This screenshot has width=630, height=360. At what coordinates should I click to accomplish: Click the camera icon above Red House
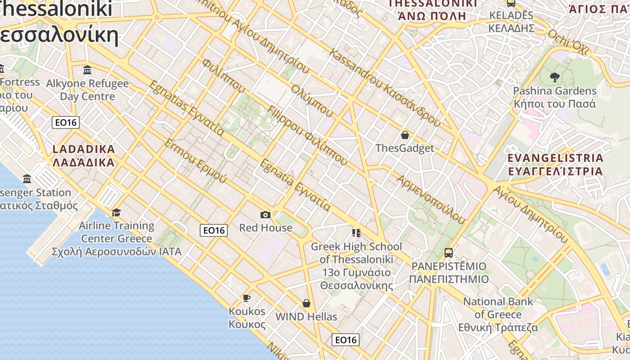click(265, 215)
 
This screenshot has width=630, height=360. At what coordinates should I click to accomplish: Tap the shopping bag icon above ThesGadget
click(405, 135)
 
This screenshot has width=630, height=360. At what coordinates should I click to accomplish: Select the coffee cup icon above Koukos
click(247, 298)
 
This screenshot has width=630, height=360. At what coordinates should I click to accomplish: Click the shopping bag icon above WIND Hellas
click(306, 303)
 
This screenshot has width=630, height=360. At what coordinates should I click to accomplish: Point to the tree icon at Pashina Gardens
click(554, 77)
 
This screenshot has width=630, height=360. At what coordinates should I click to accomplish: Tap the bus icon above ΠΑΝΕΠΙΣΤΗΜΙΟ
click(449, 252)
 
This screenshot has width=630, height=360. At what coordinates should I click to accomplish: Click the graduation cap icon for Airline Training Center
click(117, 212)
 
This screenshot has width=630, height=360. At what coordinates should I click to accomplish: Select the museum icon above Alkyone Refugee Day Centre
click(87, 70)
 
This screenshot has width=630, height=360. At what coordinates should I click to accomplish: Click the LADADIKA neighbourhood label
click(84, 156)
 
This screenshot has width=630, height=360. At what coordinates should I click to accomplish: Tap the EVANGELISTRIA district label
click(555, 165)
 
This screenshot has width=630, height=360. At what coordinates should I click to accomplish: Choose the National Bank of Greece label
click(498, 315)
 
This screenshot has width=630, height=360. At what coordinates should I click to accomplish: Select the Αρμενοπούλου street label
click(430, 199)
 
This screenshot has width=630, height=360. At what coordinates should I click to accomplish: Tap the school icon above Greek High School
click(356, 233)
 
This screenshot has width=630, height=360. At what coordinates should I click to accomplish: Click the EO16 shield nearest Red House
click(214, 230)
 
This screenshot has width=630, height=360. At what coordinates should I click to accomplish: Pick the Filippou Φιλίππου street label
click(307, 135)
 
